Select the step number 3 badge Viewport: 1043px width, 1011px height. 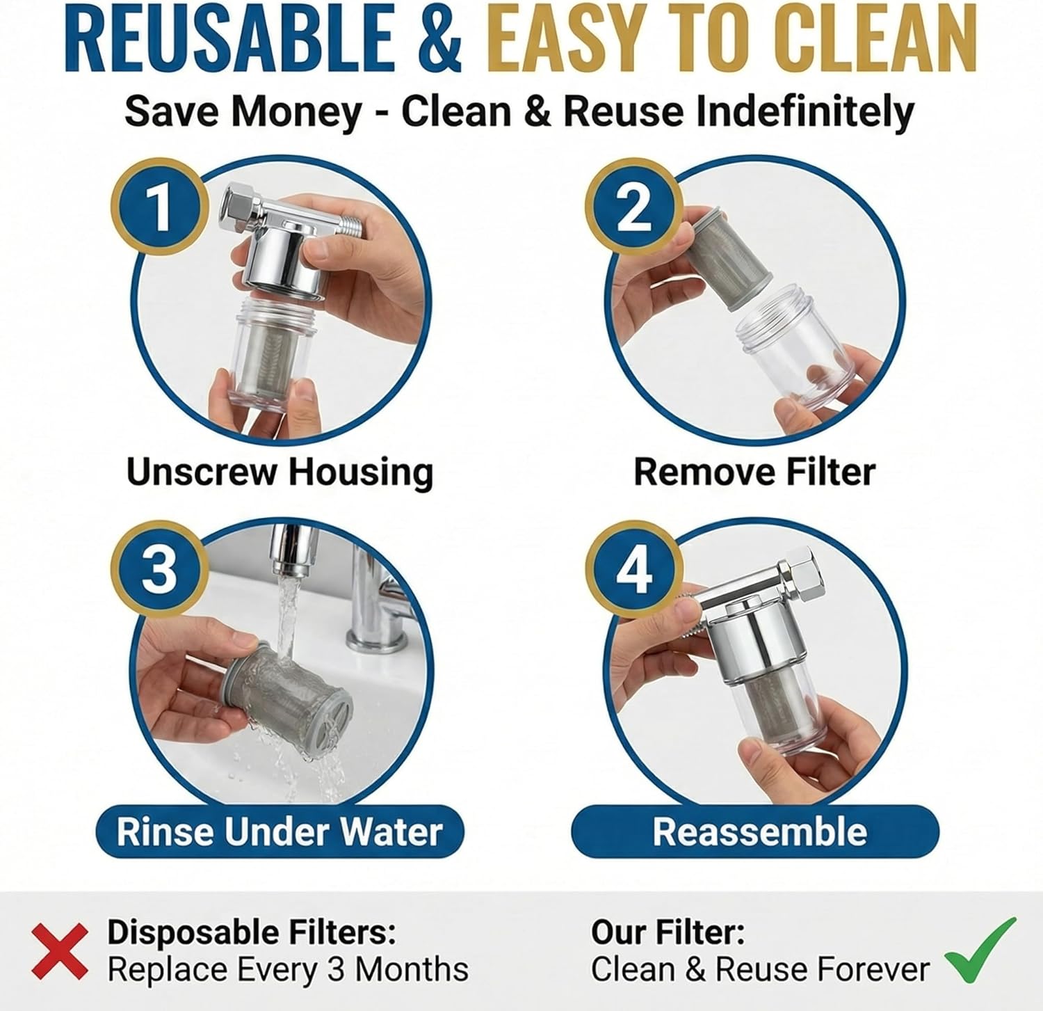(160, 568)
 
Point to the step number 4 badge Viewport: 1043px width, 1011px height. (634, 570)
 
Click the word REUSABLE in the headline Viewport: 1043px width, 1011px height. (232, 40)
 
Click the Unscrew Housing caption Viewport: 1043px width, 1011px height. (280, 472)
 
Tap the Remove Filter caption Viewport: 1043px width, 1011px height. (754, 472)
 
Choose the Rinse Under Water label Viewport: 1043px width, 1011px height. (280, 831)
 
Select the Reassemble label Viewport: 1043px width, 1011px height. (759, 831)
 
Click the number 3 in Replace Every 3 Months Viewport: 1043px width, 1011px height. (337, 969)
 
